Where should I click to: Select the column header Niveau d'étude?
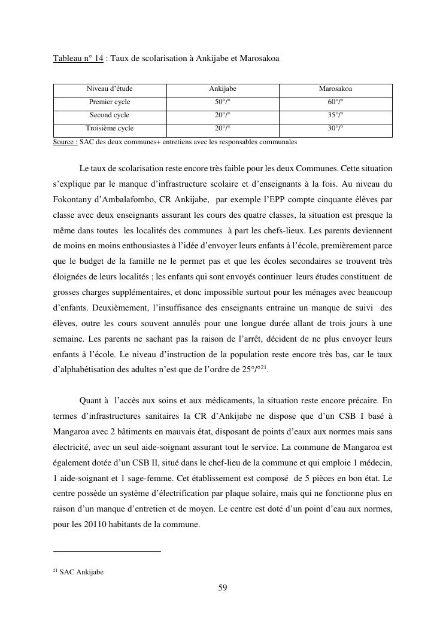click(110, 89)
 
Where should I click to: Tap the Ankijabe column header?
click(222, 89)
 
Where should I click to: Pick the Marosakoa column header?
click(335, 89)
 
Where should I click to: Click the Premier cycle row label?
click(110, 102)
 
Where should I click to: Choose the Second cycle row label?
click(110, 115)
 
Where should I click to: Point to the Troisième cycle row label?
click(110, 128)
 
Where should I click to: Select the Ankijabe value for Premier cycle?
click(222, 102)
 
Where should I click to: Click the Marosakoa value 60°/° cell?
click(335, 102)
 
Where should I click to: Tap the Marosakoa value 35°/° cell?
click(335, 115)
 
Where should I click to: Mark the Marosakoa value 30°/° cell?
click(335, 128)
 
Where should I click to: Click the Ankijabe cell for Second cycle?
click(222, 115)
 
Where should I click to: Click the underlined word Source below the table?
click(65, 142)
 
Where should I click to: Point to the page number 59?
click(223, 588)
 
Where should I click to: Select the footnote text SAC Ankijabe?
click(81, 572)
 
